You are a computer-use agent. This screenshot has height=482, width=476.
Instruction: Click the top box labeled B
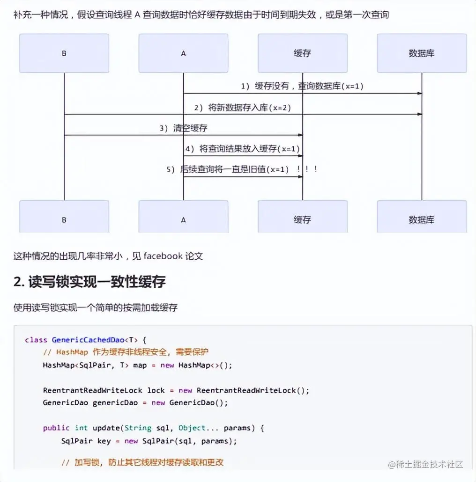(x=64, y=53)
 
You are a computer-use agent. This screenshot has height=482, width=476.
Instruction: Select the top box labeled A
(x=183, y=53)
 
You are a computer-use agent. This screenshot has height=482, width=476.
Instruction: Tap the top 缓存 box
(x=302, y=53)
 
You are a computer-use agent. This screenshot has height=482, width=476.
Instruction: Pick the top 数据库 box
(x=422, y=53)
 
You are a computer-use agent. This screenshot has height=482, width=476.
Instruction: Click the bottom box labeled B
(x=64, y=219)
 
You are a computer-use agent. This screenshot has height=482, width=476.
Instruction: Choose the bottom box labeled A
(x=183, y=219)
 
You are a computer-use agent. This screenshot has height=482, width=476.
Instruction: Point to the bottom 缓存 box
(x=302, y=219)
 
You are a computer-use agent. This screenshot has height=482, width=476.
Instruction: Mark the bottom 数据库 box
(x=422, y=219)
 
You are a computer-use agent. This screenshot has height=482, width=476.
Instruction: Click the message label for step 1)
(x=302, y=86)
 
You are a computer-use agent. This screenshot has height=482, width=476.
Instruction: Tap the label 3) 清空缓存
(x=183, y=128)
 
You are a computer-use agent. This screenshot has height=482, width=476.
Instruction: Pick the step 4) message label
(x=242, y=149)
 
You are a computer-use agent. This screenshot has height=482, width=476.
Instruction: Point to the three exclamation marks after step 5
(x=308, y=169)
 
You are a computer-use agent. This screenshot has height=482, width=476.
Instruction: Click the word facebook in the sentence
(x=163, y=256)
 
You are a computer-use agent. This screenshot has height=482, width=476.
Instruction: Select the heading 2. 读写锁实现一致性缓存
(x=89, y=282)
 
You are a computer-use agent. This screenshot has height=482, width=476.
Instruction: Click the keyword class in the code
(x=36, y=340)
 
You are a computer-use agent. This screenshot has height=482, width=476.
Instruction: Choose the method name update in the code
(x=105, y=428)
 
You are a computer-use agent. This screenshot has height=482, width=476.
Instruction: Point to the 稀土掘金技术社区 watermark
(x=425, y=464)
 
